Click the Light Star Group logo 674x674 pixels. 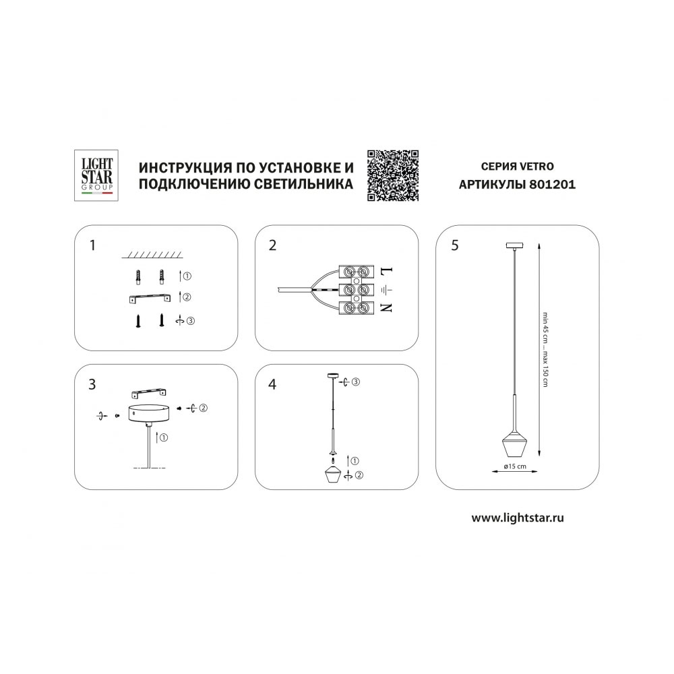pos(96,175)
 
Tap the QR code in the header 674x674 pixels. pos(393,175)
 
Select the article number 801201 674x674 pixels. pos(553,185)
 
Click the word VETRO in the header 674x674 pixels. pos(537,166)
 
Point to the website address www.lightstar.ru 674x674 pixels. pos(518,518)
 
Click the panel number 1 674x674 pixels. pos(92,245)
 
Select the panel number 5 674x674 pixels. pos(455,245)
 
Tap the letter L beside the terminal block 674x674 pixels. pos(387,272)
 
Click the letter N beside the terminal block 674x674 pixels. pos(387,308)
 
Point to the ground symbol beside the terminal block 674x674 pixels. pos(387,290)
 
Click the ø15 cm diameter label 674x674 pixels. pos(514,466)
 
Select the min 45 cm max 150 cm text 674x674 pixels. pos(545,349)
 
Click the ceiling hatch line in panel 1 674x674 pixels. pos(152,255)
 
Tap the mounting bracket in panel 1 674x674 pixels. pos(148,299)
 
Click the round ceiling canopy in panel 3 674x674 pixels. pos(149,413)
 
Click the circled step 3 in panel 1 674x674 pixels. pos(191,321)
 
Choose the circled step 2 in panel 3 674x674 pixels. pos(204,408)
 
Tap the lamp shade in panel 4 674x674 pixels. pos(334,474)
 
